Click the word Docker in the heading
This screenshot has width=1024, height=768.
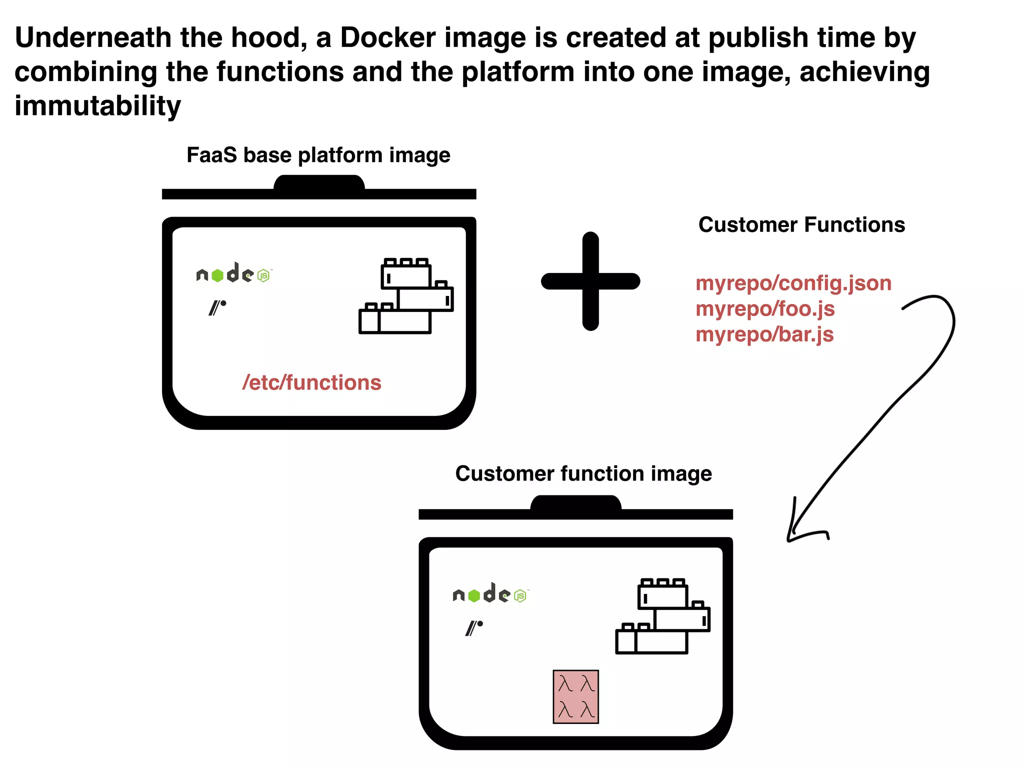(387, 37)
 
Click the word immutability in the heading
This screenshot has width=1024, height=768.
(97, 106)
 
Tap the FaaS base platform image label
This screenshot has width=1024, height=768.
(318, 155)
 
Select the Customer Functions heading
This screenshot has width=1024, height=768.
(801, 225)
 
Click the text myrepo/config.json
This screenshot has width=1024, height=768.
(793, 283)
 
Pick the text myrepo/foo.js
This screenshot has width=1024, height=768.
(765, 308)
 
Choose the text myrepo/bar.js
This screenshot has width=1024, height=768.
(764, 334)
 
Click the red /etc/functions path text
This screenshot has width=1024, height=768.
(311, 382)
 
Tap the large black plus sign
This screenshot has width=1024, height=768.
(590, 281)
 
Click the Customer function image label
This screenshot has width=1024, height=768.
(583, 473)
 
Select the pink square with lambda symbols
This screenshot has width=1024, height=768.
(575, 696)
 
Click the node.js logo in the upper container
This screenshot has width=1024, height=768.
(233, 273)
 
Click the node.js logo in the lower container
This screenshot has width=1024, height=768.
(490, 594)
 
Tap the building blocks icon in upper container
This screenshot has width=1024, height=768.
(405, 296)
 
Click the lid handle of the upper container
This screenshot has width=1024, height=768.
(319, 183)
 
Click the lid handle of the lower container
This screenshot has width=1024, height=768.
(575, 503)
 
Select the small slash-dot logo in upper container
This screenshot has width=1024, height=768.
(217, 307)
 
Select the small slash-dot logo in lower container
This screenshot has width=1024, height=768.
(473, 627)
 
